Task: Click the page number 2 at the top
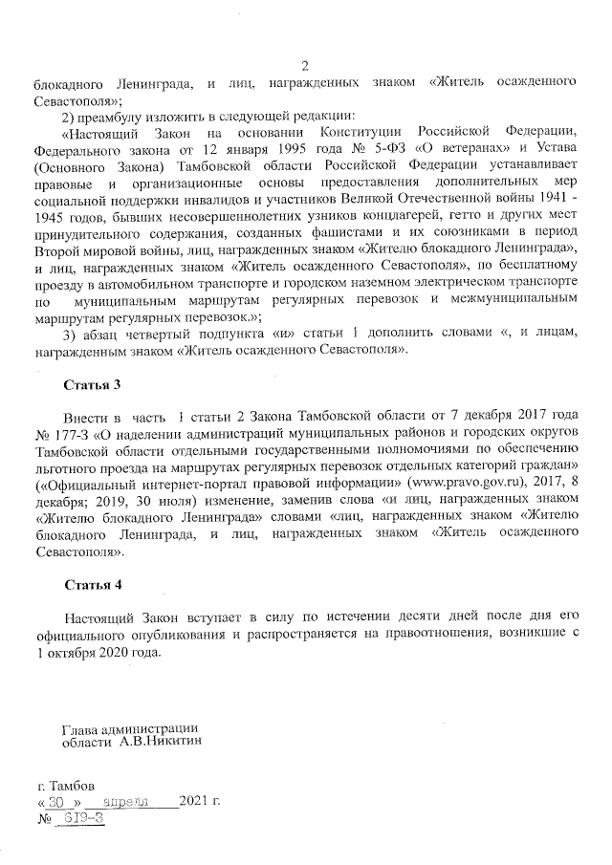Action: click(x=305, y=66)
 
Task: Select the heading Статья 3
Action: click(x=93, y=385)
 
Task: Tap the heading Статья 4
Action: click(x=93, y=584)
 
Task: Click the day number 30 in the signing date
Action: click(x=55, y=801)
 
